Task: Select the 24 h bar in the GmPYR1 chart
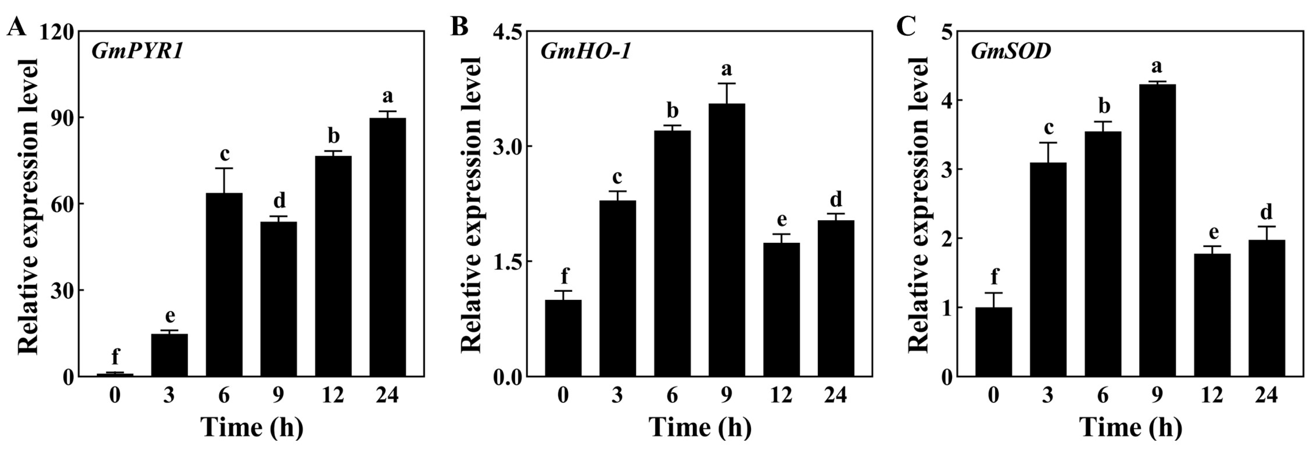pyautogui.click(x=387, y=247)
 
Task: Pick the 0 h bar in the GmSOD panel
pyautogui.click(x=994, y=342)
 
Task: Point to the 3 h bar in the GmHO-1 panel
pyautogui.click(x=617, y=288)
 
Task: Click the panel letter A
pyautogui.click(x=16, y=26)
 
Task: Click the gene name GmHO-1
pyautogui.click(x=585, y=52)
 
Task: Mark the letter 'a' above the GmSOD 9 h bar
pyautogui.click(x=1157, y=66)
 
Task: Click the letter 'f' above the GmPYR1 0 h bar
pyautogui.click(x=116, y=355)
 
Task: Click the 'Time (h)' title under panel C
pyautogui.click(x=1131, y=426)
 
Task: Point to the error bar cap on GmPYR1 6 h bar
pyautogui.click(x=224, y=168)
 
